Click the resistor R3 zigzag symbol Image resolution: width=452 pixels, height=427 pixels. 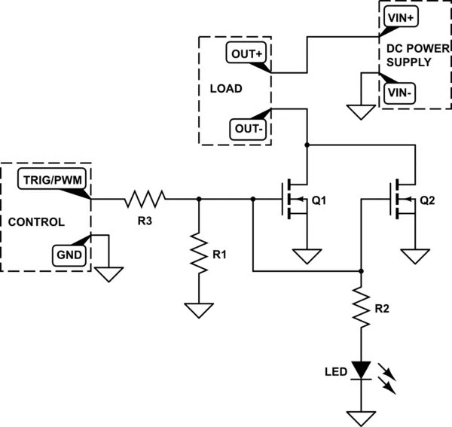point(145,200)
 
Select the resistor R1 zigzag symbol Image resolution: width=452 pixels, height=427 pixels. point(198,254)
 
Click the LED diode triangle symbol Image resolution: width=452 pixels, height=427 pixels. point(362,370)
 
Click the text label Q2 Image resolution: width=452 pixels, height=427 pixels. point(427,201)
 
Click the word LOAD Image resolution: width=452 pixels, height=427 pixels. point(225,89)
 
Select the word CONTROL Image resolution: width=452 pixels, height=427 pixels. point(36,223)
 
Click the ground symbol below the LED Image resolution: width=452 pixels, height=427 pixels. point(362,416)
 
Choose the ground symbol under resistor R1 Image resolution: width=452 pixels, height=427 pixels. point(198,310)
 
